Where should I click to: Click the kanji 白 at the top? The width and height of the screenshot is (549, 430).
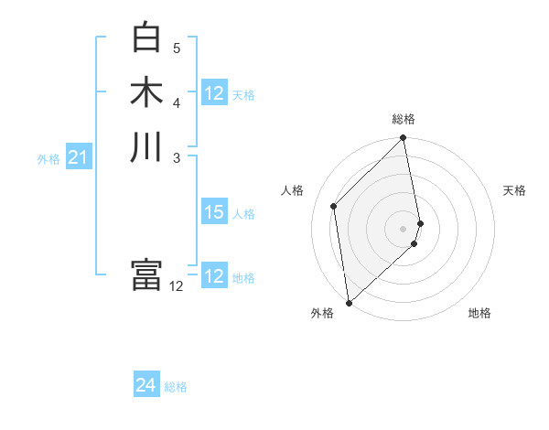coord(146,38)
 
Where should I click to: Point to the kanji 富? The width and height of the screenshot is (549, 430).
coord(146,274)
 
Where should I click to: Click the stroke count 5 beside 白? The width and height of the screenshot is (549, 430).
coord(177,48)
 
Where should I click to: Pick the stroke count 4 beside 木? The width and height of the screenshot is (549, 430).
coord(177,102)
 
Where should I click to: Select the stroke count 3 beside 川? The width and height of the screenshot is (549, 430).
coord(177,157)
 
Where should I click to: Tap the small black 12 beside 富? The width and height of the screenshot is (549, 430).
coord(177,286)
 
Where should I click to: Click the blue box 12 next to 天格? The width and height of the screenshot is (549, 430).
coord(214,93)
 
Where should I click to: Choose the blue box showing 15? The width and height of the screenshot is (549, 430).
coord(214,212)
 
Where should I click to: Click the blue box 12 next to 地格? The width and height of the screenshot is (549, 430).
coord(214,276)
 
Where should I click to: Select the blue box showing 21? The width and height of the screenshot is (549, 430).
coord(79,158)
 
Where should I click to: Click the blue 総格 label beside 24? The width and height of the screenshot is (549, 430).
coord(176,388)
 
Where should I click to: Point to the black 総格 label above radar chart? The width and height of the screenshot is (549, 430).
coord(404,119)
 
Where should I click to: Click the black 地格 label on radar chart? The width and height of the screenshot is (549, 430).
coord(479,314)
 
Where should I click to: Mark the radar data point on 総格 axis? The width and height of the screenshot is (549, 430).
coord(404,138)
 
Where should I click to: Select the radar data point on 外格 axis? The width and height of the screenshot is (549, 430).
coord(349,303)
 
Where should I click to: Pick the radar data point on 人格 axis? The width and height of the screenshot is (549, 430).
coord(334,206)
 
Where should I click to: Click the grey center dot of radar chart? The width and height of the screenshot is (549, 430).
coord(404,228)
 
